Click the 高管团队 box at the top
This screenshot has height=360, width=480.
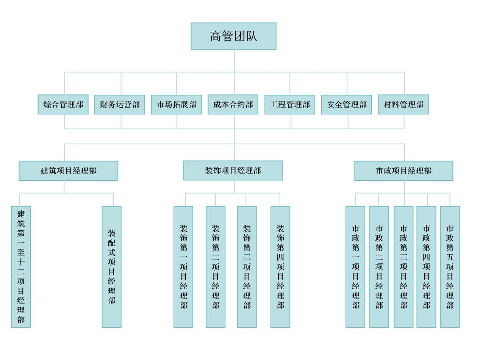point(233,36)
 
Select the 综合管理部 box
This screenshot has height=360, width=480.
point(63,104)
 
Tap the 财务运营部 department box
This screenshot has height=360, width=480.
point(120,104)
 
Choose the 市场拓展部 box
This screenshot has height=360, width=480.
point(176,104)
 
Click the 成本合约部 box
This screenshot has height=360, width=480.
point(233,104)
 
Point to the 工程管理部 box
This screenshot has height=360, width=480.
point(290,104)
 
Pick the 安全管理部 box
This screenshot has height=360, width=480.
point(347,104)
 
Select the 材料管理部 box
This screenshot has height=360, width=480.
point(403,104)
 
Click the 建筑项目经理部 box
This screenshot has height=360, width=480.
point(69,171)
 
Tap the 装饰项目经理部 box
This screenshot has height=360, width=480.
point(233,171)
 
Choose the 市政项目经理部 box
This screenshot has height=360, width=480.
point(403,171)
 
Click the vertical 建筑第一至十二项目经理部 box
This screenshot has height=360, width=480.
point(21,267)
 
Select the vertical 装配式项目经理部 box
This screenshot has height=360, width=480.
point(112,267)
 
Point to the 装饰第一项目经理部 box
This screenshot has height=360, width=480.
point(183,267)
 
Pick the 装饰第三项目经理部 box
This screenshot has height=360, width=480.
point(247,267)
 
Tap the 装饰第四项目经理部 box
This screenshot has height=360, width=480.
point(280,267)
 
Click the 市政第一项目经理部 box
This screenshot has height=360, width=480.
point(355,267)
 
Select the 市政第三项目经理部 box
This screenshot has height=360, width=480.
point(403,267)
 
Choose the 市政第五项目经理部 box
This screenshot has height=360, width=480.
point(450,267)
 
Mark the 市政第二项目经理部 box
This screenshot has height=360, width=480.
point(379,267)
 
